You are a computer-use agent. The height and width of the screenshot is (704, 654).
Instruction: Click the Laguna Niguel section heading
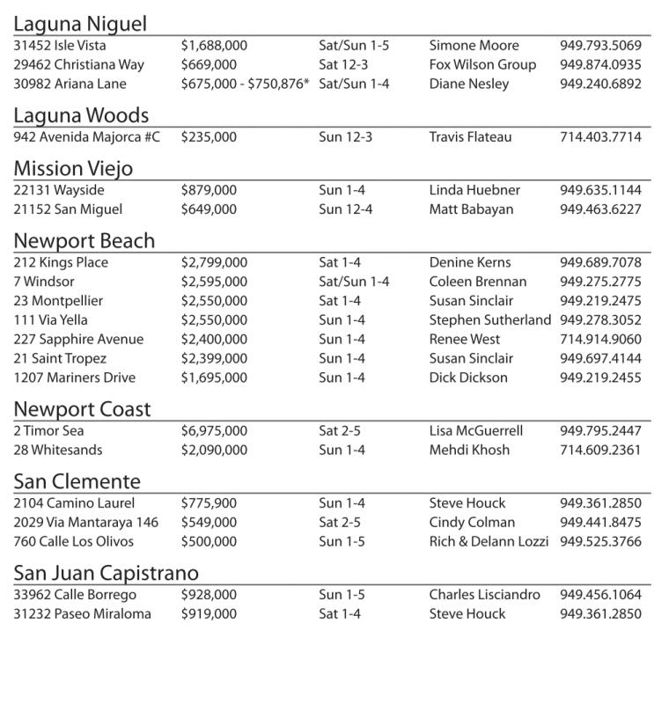[80, 24]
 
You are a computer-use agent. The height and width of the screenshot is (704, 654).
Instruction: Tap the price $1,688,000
[214, 46]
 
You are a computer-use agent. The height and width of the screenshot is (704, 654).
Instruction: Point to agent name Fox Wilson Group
[482, 65]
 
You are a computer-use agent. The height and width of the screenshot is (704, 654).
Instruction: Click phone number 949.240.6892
[600, 84]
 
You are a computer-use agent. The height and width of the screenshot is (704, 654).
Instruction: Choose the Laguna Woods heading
[81, 115]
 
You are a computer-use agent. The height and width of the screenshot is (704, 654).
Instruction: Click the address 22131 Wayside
[59, 190]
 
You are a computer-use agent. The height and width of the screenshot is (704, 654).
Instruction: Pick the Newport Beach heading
[84, 241]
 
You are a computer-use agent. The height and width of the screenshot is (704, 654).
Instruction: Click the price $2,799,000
[214, 262]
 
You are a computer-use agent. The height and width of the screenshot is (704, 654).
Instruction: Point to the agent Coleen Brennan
[478, 282]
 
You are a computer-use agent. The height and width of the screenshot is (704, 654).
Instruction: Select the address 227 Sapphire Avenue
[78, 340]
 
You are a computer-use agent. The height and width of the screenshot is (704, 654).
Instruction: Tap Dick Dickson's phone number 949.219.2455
[600, 378]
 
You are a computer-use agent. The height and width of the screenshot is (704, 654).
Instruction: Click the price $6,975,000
[214, 431]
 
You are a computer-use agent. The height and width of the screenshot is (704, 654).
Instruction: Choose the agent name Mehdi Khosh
[469, 451]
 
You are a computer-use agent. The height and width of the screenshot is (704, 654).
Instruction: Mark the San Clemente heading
[77, 481]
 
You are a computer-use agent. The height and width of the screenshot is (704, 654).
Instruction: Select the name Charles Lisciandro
[485, 595]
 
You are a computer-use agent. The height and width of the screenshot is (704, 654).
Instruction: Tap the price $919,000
[209, 614]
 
